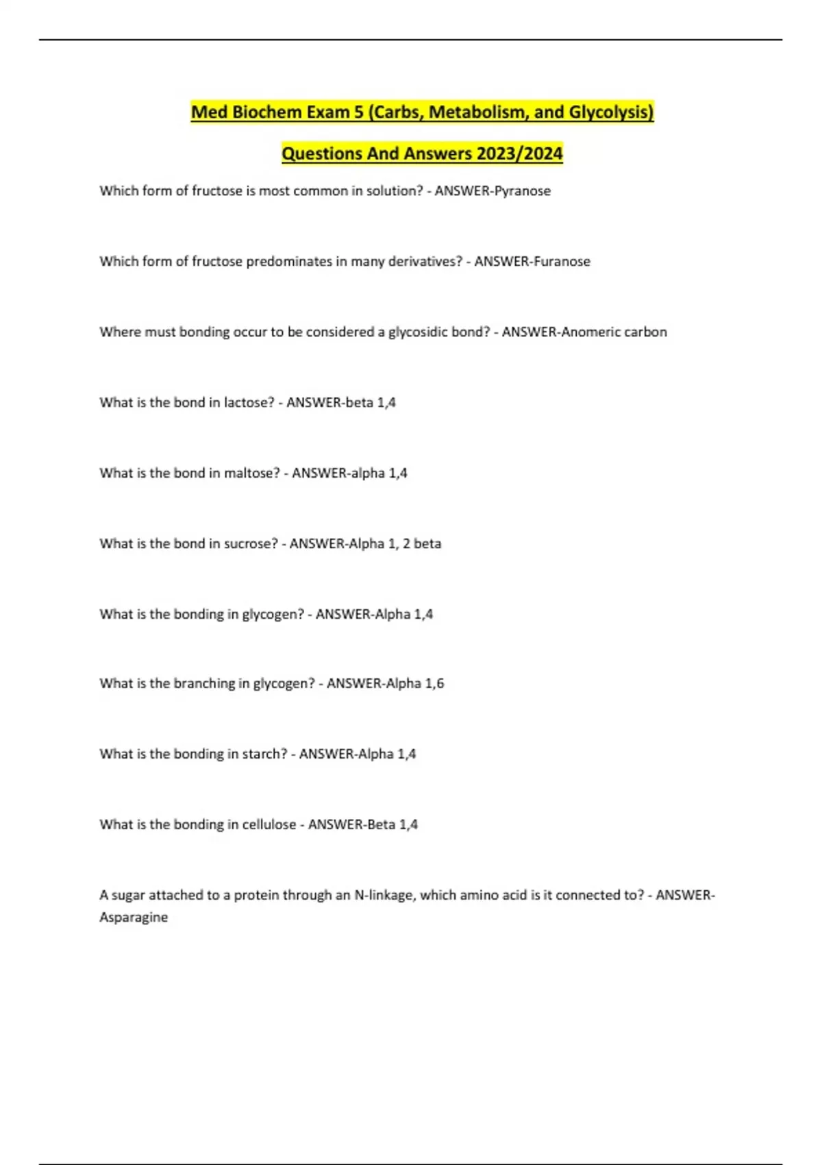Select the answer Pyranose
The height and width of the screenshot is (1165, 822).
pos(522,191)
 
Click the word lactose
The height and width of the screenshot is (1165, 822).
pos(249,403)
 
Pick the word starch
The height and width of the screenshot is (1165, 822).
pos(264,755)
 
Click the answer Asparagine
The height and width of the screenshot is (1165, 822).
pos(134,918)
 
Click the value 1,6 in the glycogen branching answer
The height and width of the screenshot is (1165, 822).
pos(434,684)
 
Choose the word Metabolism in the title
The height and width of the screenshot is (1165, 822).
pos(479,112)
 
